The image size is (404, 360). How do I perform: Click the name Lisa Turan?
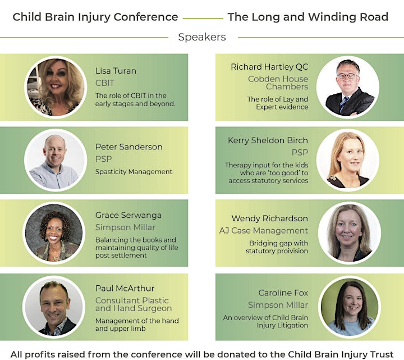click(116, 71)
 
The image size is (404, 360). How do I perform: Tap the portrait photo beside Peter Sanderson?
click(56, 160)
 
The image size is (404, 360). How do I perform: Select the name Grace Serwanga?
click(128, 215)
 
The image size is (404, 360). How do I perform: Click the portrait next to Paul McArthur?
click(54, 306)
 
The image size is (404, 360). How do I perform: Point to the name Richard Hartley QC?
click(269, 67)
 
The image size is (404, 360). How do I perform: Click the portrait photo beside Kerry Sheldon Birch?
click(348, 160)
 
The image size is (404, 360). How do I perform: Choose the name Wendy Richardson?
click(269, 218)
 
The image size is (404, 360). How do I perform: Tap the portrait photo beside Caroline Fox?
click(350, 307)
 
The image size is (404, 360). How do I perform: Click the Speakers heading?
click(202, 37)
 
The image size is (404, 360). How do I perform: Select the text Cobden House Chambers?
click(278, 83)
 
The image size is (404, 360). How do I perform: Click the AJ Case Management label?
click(264, 230)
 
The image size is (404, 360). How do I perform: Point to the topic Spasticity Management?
click(134, 171)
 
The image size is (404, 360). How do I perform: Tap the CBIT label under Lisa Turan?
click(104, 83)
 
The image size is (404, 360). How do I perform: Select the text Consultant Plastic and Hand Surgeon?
click(134, 304)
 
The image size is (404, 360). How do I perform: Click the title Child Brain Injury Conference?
click(95, 17)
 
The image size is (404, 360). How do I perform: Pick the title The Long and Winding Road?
click(308, 17)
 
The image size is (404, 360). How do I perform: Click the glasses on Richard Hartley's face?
click(347, 76)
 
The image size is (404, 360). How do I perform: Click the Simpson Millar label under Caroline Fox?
click(278, 305)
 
